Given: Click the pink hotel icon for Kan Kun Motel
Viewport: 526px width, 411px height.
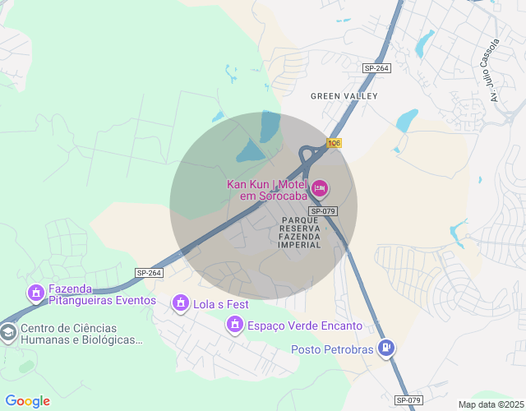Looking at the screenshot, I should pos(321,190).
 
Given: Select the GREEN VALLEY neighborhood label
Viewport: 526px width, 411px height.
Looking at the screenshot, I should pos(344,96).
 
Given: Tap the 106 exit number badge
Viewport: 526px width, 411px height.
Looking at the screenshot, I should pos(333,143).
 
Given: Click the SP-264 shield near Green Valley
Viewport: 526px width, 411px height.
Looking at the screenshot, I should pos(376,68).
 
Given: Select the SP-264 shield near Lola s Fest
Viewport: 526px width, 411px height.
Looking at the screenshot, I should pos(150,273).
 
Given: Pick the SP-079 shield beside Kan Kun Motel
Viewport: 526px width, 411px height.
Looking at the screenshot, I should pos(324,211).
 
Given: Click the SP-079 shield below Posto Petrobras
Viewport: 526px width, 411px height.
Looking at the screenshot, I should pos(408,399).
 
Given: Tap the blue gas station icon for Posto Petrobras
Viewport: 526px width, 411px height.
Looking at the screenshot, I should pos(385,349).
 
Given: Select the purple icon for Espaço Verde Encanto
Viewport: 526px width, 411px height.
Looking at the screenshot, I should pos(235,326).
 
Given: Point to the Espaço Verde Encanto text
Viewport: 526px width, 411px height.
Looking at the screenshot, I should pos(305,326).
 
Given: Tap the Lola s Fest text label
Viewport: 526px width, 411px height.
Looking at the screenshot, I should pos(221,304).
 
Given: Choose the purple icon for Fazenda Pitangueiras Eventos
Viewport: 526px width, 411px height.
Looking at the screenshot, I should pos(36,293).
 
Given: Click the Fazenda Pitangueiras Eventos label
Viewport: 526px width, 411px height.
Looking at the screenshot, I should pos(102,294).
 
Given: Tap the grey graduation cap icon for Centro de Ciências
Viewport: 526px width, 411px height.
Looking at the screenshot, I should pos(8,333).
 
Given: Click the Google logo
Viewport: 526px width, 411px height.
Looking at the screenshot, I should pos(27,401).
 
